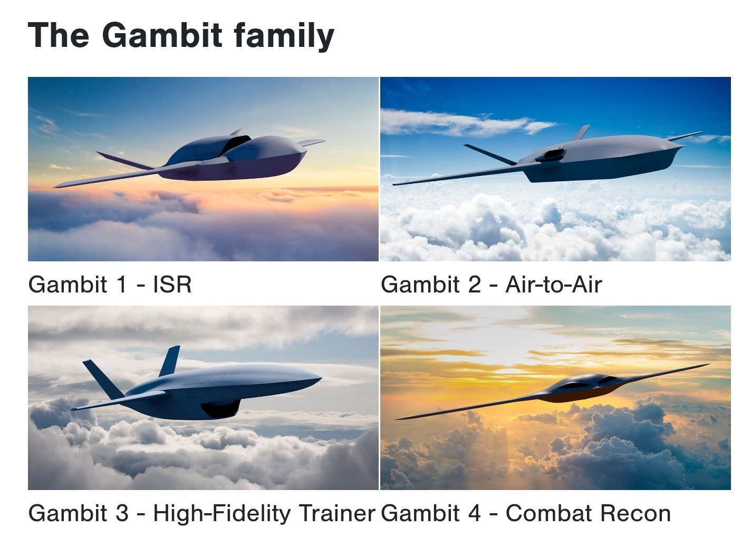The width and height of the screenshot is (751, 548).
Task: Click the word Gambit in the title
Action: coord(162,35)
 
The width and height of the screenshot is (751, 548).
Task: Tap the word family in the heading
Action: coord(284,36)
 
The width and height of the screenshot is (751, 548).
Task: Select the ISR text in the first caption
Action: coord(172,285)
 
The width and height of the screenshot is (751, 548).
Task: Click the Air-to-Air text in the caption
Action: coord(554,285)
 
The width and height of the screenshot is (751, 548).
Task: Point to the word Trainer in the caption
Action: coord(337,513)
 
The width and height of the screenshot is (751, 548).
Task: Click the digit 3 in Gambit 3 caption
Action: coord(122,513)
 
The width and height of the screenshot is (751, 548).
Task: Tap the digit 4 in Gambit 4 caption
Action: coord(475,513)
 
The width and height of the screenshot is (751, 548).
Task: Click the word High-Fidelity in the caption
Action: coord(222,514)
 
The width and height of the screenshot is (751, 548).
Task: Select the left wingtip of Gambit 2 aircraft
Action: coord(394,184)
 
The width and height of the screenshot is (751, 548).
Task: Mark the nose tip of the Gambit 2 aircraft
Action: coord(682,146)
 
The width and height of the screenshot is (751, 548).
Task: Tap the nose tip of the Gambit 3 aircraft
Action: coord(321,378)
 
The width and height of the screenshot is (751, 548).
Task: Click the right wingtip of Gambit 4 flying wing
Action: coord(709,364)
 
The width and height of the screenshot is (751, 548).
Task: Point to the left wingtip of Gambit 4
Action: coord(396,419)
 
